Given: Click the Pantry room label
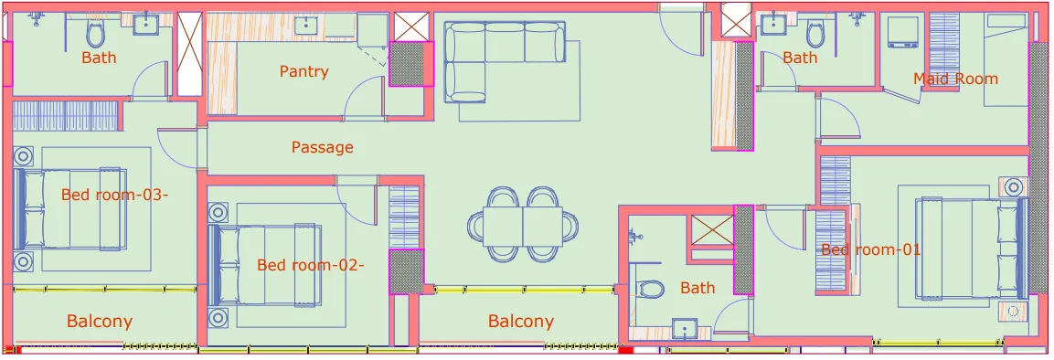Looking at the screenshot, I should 303,71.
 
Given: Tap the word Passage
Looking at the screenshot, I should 322,147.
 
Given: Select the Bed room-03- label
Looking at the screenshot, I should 115,195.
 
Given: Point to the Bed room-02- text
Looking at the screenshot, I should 310,265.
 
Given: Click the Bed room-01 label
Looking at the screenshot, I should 870,249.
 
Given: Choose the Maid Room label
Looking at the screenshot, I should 955,79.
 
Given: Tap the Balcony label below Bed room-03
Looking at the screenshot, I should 99,322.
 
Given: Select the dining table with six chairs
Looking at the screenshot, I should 523,224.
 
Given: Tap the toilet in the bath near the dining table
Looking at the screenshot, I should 651,289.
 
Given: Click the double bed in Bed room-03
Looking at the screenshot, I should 71,208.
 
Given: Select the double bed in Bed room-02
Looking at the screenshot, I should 265,265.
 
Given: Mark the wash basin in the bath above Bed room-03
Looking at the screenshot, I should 145,25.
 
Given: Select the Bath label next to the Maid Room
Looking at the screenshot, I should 800,58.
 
